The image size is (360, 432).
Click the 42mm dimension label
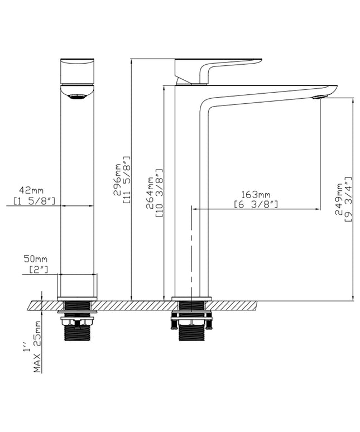31,190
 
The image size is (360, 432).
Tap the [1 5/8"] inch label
35,201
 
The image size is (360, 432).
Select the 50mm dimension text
35,259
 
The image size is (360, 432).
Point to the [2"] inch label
39,269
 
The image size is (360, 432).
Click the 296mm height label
117,180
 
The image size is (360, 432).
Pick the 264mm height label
150,193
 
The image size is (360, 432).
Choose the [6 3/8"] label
256,204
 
